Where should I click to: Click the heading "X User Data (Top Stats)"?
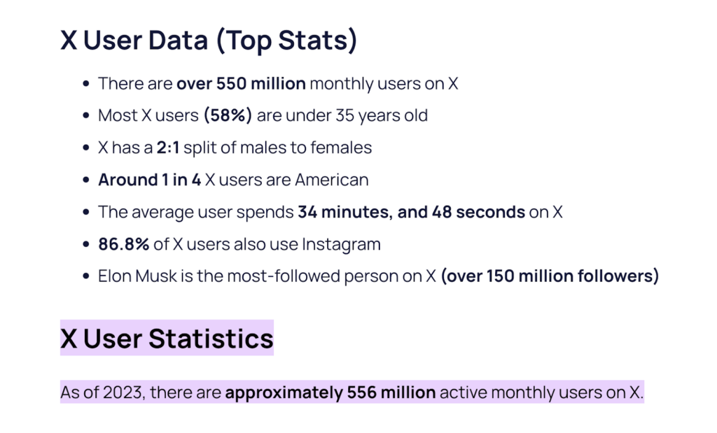(209, 41)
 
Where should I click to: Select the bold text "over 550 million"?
(241, 84)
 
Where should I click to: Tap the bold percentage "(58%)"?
(228, 115)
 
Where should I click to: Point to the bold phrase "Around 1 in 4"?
(149, 180)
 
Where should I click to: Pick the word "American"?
(331, 180)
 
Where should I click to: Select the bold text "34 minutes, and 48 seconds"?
(411, 212)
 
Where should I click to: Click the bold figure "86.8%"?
(123, 244)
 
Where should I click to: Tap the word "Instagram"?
(341, 244)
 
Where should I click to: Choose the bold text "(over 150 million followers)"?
(550, 276)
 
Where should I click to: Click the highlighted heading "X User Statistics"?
(167, 339)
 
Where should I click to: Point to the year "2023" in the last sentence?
(123, 392)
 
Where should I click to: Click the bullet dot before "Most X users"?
(86, 116)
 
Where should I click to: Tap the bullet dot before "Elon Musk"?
(86, 277)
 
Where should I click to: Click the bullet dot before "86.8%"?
(86, 245)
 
